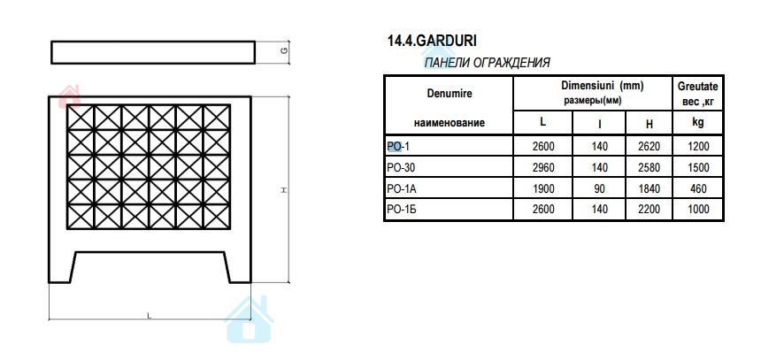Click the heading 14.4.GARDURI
432,41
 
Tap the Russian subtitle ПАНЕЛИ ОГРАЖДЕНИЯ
487,63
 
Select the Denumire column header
450,94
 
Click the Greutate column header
698,87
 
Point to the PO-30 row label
401,167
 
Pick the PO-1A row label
402,188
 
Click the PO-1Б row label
402,209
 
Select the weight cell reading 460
698,188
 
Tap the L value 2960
542,167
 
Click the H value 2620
649,147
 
